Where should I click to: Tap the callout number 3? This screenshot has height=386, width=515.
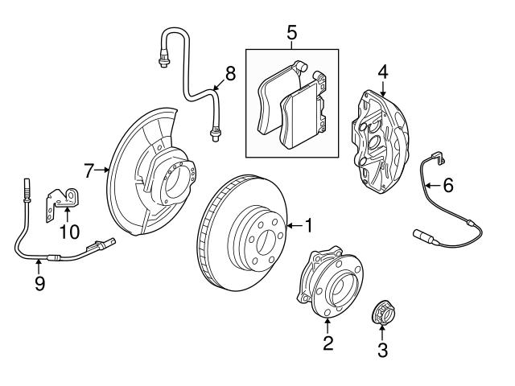(x=382, y=351)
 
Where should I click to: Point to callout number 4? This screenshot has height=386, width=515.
(x=383, y=72)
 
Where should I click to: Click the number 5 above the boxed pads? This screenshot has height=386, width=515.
(x=292, y=33)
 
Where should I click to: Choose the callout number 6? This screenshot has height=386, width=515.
(x=448, y=185)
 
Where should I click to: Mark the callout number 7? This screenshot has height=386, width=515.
(x=90, y=170)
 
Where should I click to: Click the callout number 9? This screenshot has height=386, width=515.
(x=38, y=284)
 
